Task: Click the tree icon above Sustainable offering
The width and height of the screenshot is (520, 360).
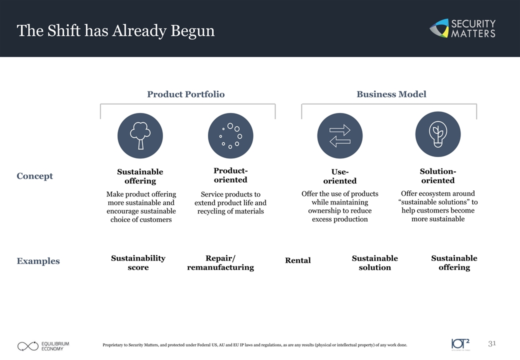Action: coord(140,135)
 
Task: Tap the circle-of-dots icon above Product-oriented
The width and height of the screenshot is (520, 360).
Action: coord(230,135)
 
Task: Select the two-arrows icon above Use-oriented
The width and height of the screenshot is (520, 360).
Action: coord(340,135)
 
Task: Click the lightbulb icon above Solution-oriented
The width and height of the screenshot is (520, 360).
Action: coord(438,134)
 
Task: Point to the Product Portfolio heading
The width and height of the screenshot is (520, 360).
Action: coord(185,94)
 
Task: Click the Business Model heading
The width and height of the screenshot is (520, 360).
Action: coord(391,94)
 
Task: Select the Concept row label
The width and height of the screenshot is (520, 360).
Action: coord(35,176)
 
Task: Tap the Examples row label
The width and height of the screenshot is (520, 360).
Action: coord(38,261)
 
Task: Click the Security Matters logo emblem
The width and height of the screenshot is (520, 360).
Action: coord(439,28)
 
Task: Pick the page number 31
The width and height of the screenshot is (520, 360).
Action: coord(492,343)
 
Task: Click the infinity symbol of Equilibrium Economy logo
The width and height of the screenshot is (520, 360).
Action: coord(28,346)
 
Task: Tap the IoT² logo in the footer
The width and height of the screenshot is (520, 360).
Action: coord(460,344)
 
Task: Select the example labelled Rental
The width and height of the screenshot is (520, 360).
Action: coord(298,260)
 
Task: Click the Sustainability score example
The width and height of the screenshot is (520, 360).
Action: coord(138,262)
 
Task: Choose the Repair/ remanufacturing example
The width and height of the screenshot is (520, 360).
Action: coord(220,262)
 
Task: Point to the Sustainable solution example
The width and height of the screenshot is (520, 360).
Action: coord(374,262)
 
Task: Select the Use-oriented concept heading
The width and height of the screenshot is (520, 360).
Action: coord(340,176)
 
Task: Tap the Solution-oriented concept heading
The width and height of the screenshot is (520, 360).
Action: coord(438,175)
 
